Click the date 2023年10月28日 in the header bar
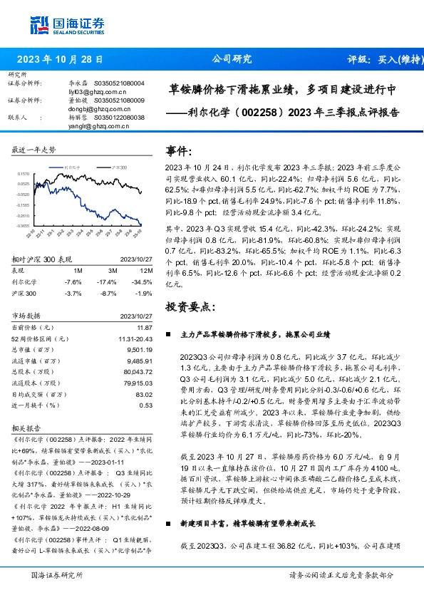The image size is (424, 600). (59, 60)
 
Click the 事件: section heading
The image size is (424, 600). (179, 151)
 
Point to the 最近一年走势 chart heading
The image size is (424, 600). (34, 150)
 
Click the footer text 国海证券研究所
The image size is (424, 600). (58, 574)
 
